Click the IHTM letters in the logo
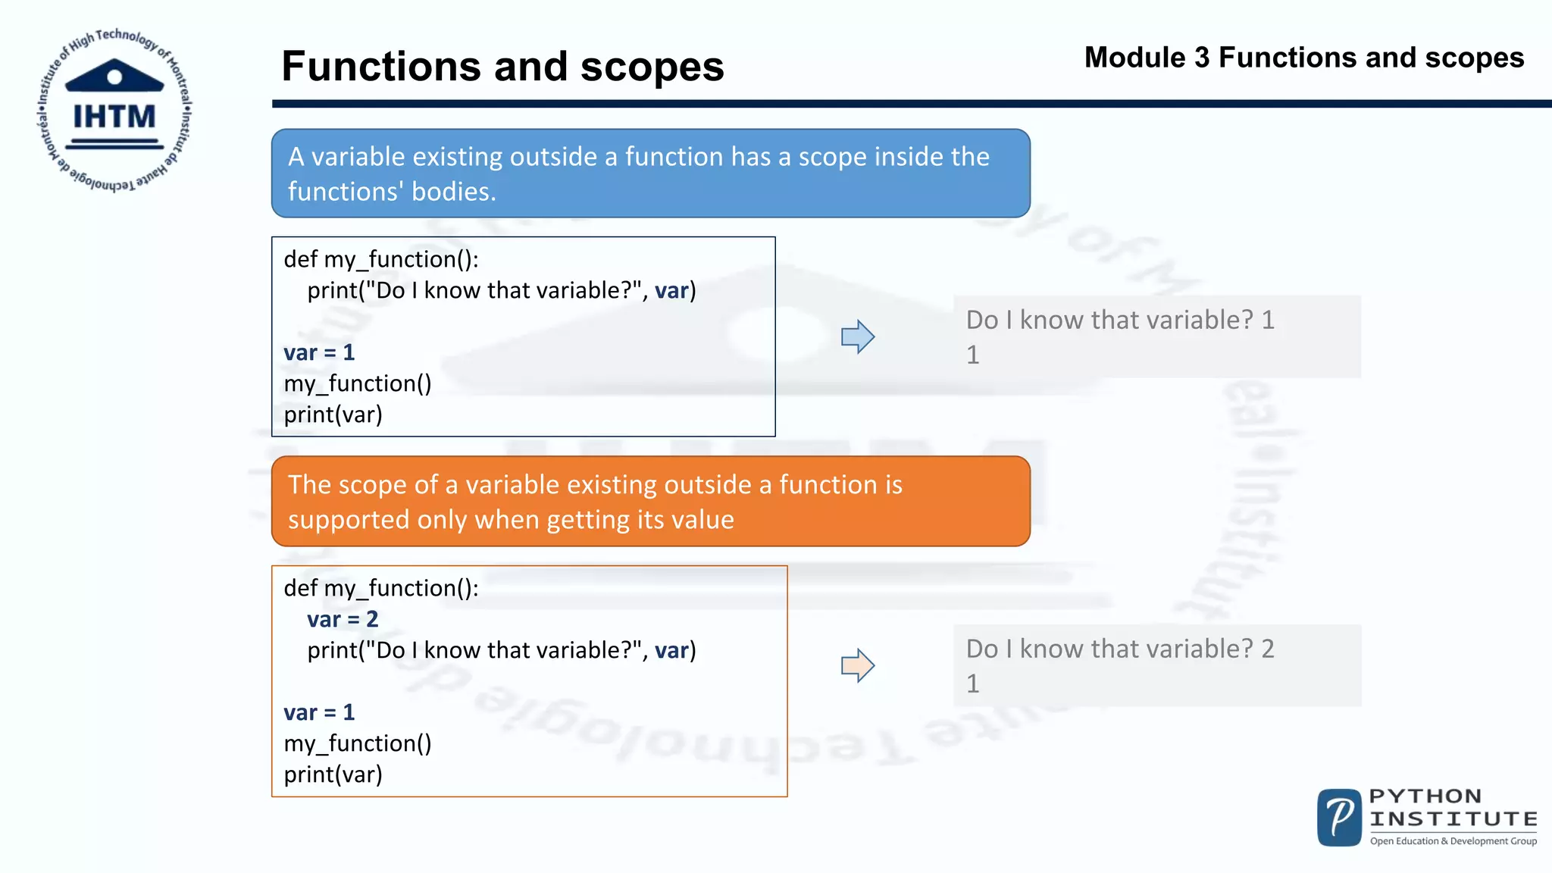(114, 117)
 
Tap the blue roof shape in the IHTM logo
(114, 76)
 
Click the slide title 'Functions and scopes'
(502, 66)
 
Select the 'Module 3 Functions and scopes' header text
(1303, 58)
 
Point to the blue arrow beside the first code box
(858, 336)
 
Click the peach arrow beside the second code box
(858, 666)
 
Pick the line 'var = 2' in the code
(343, 619)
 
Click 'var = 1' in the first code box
(319, 352)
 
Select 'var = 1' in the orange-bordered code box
(319, 712)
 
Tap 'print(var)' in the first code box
(333, 415)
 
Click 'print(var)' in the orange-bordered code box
(333, 774)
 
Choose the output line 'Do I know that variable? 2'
(1120, 649)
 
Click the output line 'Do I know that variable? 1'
(1120, 320)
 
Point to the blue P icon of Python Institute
(1339, 818)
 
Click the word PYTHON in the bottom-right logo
(1425, 796)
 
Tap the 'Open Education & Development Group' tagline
(1453, 841)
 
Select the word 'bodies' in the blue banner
(453, 192)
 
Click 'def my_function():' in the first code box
(381, 259)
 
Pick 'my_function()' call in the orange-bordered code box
(358, 743)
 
